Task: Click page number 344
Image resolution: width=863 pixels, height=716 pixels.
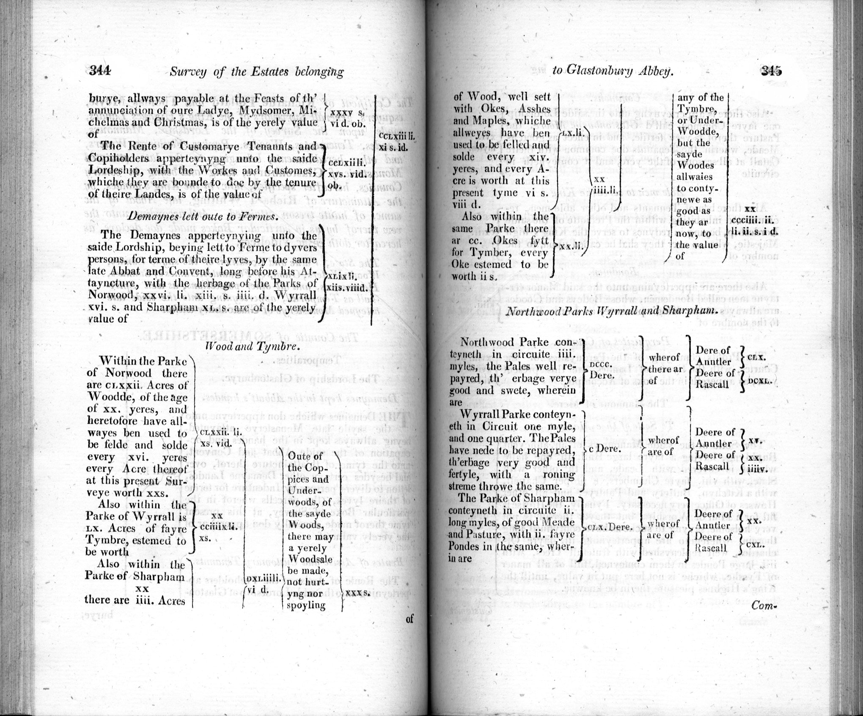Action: click(100, 71)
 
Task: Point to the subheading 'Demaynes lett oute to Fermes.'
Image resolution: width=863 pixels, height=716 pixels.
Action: click(203, 216)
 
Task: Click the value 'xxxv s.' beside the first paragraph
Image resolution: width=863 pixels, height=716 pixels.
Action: click(345, 113)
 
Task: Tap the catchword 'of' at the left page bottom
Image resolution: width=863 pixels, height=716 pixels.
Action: click(409, 619)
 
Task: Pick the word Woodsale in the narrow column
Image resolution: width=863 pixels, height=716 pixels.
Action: click(307, 559)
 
